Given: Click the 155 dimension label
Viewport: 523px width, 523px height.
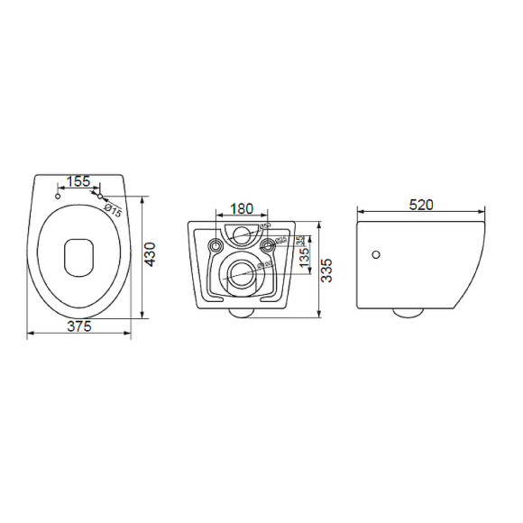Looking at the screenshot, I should (x=78, y=181).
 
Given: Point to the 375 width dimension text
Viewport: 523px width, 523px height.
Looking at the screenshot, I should (x=79, y=326).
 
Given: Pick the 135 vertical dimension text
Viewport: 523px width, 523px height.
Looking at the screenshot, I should (x=305, y=258).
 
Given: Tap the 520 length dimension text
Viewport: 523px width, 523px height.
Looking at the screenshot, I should (x=421, y=205).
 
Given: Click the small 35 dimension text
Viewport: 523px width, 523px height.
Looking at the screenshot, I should (x=300, y=241).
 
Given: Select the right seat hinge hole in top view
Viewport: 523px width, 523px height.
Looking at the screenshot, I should (x=101, y=196).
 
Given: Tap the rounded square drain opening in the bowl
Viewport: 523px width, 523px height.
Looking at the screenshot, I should (x=78, y=256).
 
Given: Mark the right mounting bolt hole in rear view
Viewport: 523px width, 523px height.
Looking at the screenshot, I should (x=268, y=246).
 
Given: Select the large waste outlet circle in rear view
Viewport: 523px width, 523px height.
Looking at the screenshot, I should (x=242, y=274).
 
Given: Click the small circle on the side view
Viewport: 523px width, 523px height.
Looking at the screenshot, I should (x=376, y=255).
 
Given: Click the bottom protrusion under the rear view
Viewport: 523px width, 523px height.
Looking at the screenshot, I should (x=242, y=312).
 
